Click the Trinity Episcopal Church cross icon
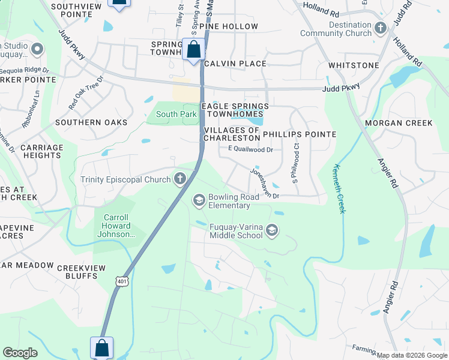[x=179, y=178]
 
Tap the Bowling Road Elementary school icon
[x=199, y=199]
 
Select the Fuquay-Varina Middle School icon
[x=272, y=231]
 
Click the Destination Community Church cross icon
[x=380, y=28]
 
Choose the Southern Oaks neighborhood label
[x=91, y=122]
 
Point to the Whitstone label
[x=354, y=65]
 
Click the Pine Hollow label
[x=232, y=26]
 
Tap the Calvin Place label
[x=235, y=64]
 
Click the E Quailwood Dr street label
[x=250, y=149]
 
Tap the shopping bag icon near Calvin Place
[x=193, y=50]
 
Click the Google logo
[x=20, y=353]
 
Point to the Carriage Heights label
[x=41, y=151]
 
